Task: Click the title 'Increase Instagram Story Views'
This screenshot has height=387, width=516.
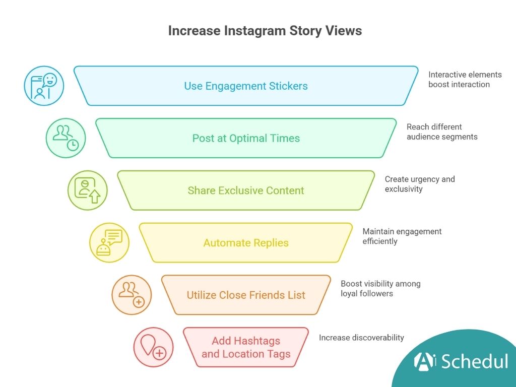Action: tap(265, 31)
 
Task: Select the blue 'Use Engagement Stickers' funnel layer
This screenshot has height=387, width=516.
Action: tap(246, 86)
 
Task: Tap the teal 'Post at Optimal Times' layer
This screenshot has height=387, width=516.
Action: tap(246, 138)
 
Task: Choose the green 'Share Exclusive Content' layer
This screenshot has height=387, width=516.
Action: tap(246, 190)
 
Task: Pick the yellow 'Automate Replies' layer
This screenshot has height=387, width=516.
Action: tap(246, 243)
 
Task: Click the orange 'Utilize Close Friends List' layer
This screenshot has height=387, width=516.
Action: tap(246, 295)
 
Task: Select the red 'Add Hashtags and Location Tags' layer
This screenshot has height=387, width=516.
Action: tap(246, 348)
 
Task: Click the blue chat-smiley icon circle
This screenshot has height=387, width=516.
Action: tap(44, 86)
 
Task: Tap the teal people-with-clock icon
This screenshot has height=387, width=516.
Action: tap(66, 138)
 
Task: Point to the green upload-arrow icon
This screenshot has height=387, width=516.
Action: tap(88, 190)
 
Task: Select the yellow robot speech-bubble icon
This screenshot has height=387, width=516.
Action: tap(109, 243)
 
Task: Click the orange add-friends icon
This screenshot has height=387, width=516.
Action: tap(131, 295)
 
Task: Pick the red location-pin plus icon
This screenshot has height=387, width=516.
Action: tap(153, 348)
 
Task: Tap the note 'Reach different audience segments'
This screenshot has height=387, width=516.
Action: tap(442, 132)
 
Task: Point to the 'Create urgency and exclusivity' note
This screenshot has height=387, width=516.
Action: tap(420, 184)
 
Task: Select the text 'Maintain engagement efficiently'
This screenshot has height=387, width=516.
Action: tap(402, 236)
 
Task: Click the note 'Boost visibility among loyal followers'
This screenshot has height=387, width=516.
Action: tap(380, 289)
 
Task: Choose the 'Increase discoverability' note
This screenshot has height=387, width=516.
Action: tap(361, 338)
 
